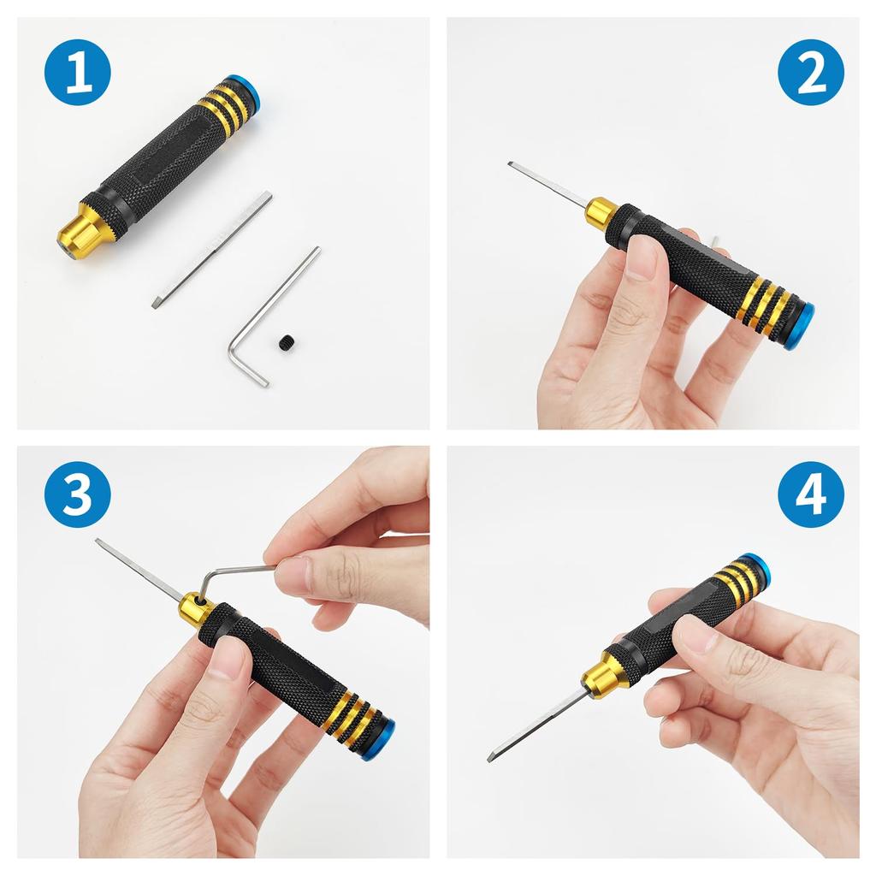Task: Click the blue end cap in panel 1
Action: [252, 93]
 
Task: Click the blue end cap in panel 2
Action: [801, 326]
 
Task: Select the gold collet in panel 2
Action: [601, 212]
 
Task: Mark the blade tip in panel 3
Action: [100, 542]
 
